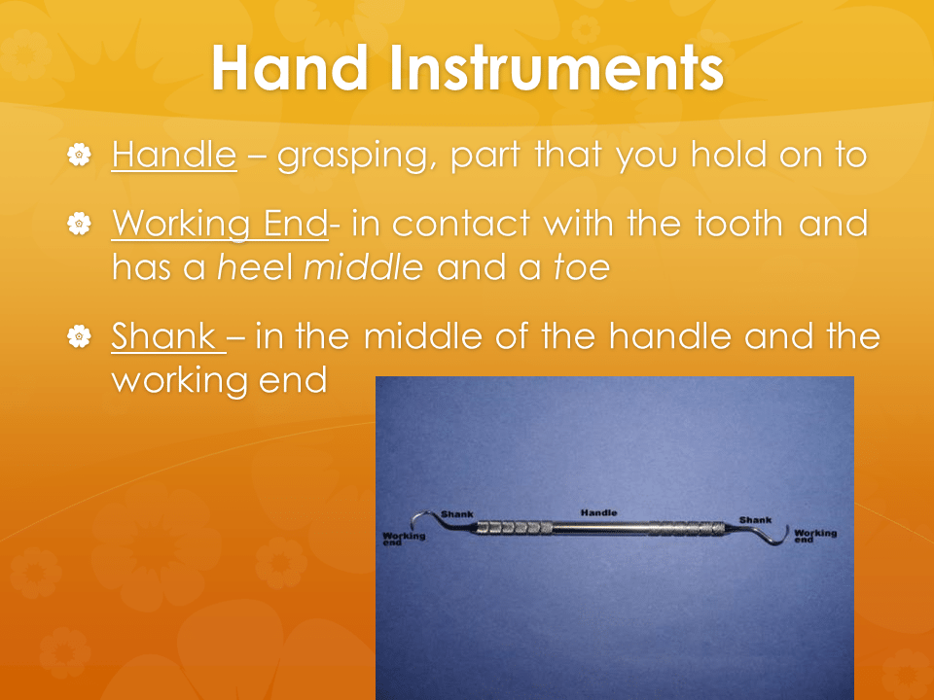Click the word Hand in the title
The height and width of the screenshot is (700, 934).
click(290, 67)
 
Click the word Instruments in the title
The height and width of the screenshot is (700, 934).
click(557, 67)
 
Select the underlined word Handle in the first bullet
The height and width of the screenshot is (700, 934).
click(174, 155)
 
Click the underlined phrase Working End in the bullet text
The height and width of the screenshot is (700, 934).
click(220, 225)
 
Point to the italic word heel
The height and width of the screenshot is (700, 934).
click(255, 267)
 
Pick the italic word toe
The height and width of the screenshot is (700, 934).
click(582, 267)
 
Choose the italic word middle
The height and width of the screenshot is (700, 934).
click(363, 267)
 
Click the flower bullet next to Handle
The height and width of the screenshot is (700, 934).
click(79, 155)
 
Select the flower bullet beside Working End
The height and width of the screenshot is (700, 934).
click(79, 224)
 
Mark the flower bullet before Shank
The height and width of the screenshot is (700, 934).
click(79, 336)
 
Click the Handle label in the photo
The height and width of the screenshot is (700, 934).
click(598, 512)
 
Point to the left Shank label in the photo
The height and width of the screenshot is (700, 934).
click(457, 514)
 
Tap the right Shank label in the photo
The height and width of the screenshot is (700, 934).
click(755, 520)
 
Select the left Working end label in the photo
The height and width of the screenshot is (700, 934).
click(404, 538)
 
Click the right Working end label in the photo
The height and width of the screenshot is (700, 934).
click(815, 536)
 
